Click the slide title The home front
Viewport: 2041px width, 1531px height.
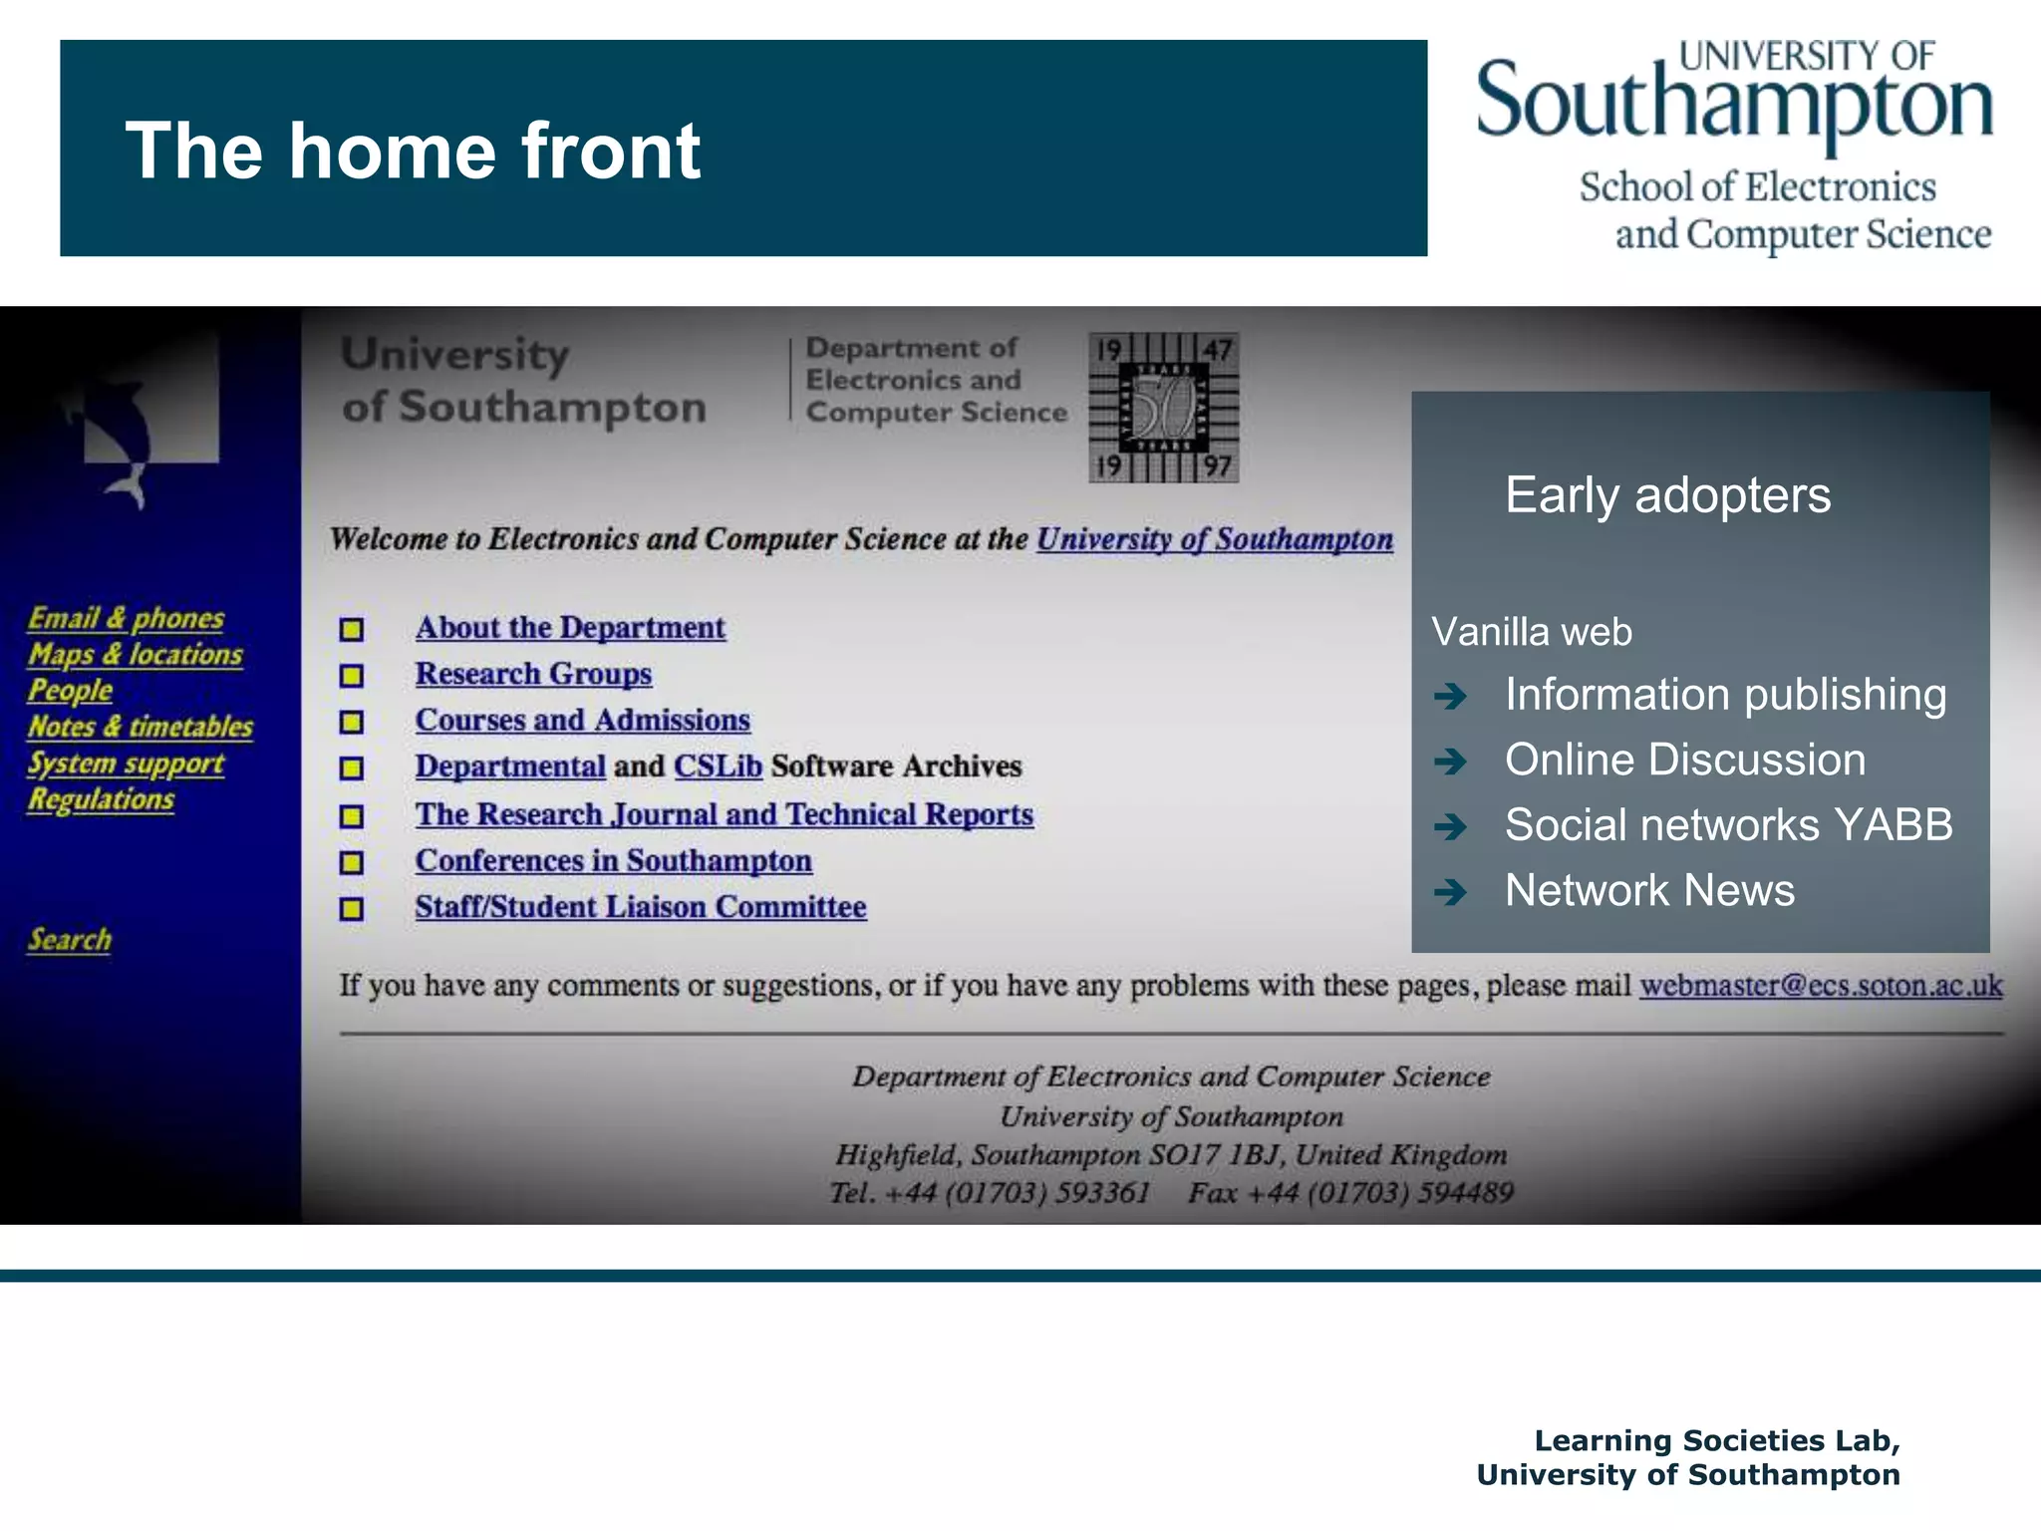click(x=413, y=151)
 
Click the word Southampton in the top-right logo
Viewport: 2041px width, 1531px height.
click(x=1734, y=103)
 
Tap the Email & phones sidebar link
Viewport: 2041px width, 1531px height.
click(x=126, y=618)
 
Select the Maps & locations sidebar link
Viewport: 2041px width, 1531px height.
click(x=136, y=655)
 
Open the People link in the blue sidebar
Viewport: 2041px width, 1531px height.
click(x=70, y=690)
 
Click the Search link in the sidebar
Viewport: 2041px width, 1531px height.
click(x=70, y=939)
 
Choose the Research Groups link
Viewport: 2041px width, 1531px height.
click(x=533, y=674)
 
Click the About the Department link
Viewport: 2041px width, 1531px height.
click(x=570, y=628)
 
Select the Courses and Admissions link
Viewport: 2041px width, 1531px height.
click(x=582, y=720)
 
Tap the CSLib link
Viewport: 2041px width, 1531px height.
click(x=718, y=766)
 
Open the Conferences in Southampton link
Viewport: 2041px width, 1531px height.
click(x=613, y=860)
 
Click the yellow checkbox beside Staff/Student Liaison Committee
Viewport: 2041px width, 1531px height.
click(x=351, y=909)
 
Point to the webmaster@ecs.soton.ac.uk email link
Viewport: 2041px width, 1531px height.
click(x=1821, y=986)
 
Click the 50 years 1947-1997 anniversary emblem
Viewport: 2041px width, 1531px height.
click(x=1163, y=408)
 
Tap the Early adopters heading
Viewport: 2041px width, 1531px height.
click(x=1667, y=495)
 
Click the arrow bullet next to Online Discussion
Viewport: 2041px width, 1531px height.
click(x=1451, y=762)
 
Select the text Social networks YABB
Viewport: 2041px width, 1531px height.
click(x=1728, y=825)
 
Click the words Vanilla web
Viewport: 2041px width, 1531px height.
click(x=1532, y=632)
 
